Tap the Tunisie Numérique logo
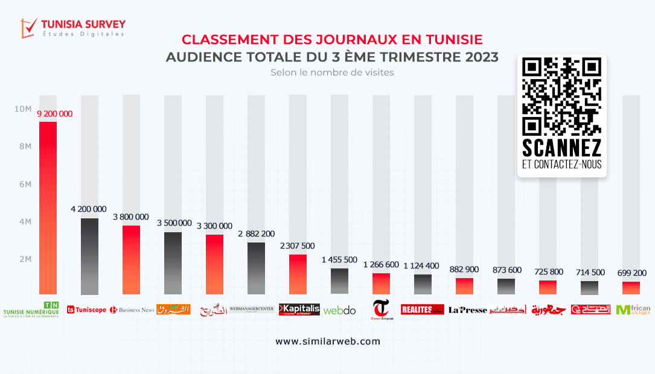(31, 309)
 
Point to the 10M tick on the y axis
(24, 109)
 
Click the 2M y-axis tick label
(25, 259)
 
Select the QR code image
(561, 96)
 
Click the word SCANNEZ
(561, 148)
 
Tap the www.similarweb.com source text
(328, 341)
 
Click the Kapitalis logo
(299, 309)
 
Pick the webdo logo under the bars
(340, 311)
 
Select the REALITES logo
(422, 309)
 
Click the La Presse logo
(467, 310)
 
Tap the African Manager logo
(633, 309)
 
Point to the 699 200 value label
(631, 273)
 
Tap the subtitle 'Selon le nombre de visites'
(332, 72)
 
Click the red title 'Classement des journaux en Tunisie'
(332, 40)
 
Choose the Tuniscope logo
(86, 309)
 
